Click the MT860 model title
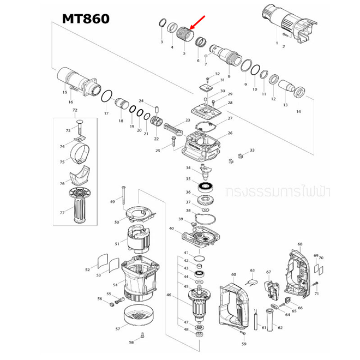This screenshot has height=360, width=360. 85,19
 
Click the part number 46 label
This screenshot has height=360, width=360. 169,296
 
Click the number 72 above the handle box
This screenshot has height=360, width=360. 75,111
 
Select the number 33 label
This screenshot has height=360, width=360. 252,150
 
